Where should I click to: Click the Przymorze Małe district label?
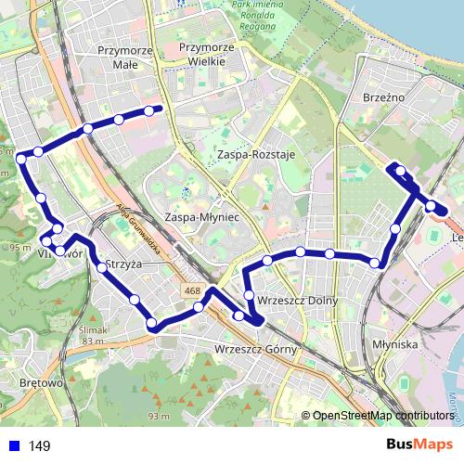124,58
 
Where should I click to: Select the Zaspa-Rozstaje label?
253,154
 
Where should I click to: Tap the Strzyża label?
123,264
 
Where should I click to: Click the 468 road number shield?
192,291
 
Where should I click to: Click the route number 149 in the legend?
40,446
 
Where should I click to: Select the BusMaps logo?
419,445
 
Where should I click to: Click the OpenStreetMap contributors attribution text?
382,416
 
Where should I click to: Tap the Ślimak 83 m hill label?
94,334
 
